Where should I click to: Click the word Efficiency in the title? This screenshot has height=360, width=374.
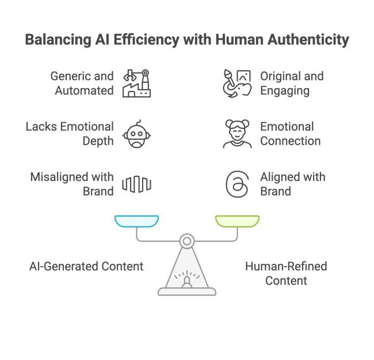click(146, 39)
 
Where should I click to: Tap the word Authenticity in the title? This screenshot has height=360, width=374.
click(308, 40)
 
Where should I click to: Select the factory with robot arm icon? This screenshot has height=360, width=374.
click(137, 84)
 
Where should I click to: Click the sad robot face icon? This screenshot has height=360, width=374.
click(137, 134)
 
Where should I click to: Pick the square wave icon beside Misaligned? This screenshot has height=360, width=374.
click(137, 184)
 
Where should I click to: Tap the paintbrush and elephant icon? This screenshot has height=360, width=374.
click(237, 84)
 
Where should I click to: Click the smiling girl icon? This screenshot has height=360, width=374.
click(237, 134)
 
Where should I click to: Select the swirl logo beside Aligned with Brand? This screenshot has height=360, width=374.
click(237, 184)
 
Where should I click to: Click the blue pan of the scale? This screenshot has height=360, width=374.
click(137, 221)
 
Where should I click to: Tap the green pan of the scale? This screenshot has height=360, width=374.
click(237, 221)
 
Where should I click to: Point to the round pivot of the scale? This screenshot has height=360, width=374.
click(187, 241)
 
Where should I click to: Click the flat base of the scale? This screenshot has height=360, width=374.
click(187, 291)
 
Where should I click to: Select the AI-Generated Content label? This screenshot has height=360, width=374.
click(86, 267)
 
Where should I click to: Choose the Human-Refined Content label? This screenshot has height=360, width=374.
click(286, 274)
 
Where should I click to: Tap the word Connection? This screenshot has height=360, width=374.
click(291, 141)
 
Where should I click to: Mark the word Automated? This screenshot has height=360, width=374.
click(84, 90)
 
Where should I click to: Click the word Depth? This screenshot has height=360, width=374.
click(98, 142)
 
